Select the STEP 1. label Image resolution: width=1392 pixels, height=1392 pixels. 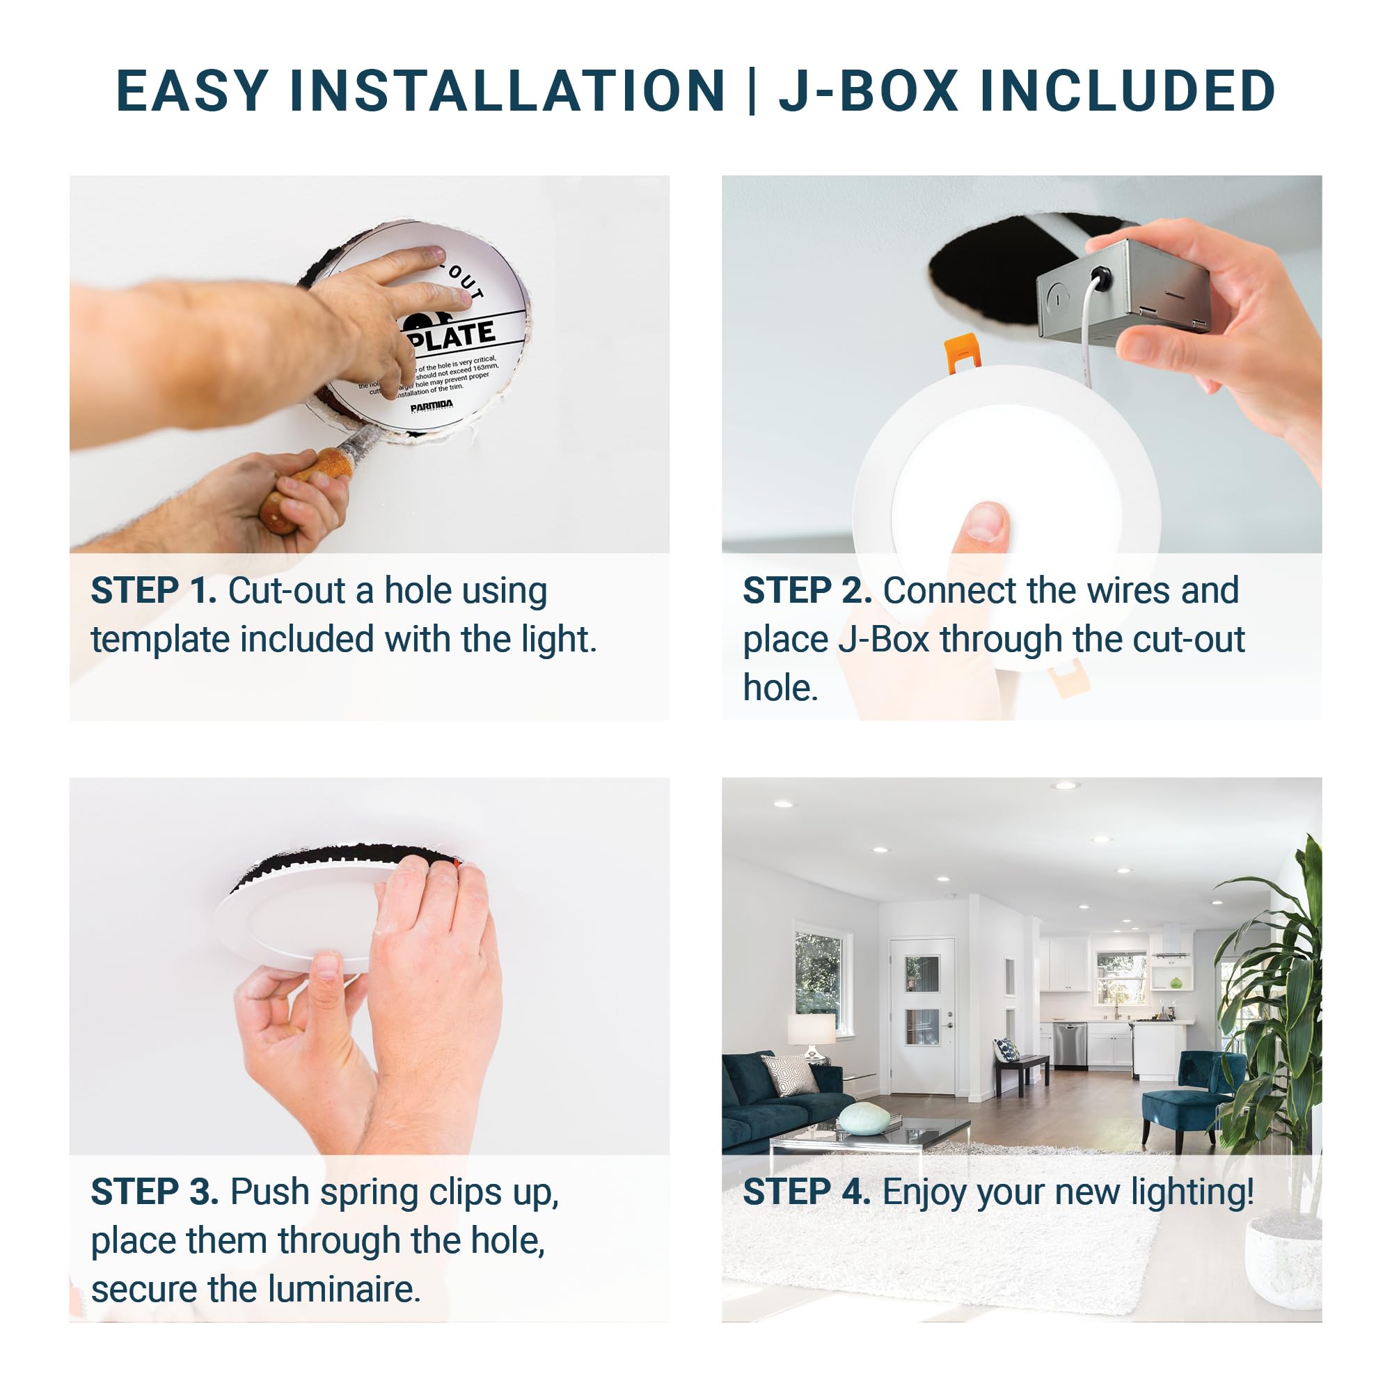[153, 592]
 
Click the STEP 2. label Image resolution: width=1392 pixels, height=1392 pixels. [807, 592]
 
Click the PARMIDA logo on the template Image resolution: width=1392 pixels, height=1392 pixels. [432, 408]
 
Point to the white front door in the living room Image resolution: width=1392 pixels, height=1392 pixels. [922, 1016]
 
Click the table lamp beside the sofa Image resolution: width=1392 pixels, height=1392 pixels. [811, 1034]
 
